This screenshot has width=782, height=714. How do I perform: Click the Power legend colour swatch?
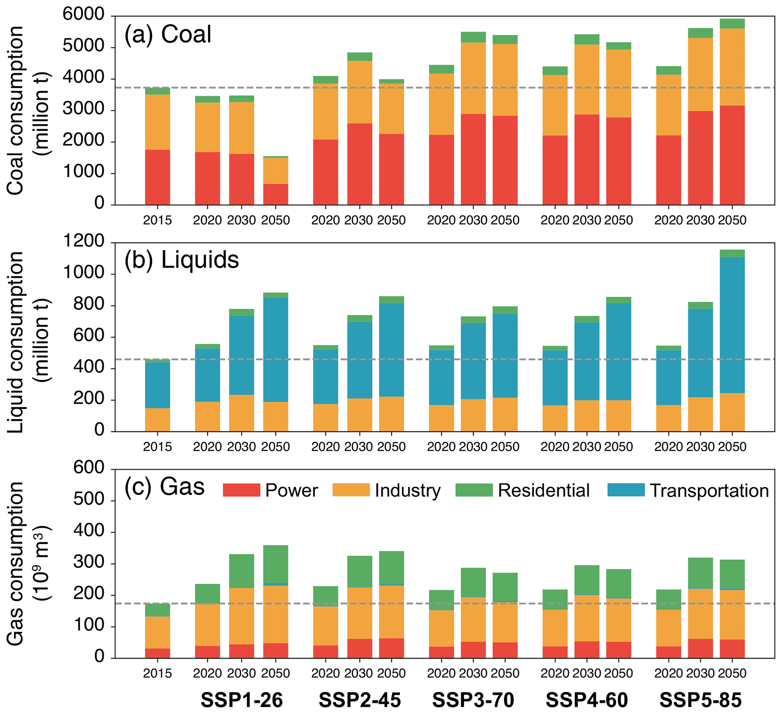[241, 490]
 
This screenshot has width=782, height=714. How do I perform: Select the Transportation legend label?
[709, 490]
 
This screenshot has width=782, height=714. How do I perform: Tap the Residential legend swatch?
[474, 490]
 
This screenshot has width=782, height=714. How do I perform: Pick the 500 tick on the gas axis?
[89, 500]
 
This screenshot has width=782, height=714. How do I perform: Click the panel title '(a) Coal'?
[168, 34]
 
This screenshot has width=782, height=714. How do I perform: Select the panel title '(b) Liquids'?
[182, 260]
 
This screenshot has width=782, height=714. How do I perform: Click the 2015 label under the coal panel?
[157, 220]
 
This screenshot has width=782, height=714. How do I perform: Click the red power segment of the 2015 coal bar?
[157, 177]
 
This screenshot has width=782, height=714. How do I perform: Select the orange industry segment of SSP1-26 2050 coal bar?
[275, 171]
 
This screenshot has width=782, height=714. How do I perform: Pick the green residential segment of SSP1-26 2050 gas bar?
[275, 564]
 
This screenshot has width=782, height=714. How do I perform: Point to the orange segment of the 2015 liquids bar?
[157, 420]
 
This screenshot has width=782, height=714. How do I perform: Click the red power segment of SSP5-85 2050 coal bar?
[732, 155]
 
